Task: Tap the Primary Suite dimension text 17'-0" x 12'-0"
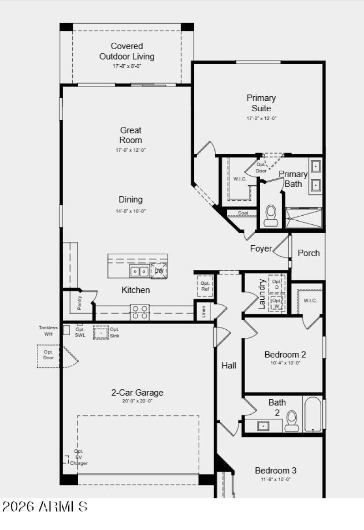(x=261, y=118)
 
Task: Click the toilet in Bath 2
(x=292, y=421)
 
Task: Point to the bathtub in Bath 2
(x=313, y=414)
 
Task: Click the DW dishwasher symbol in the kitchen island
(x=159, y=271)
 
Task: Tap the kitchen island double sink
(x=139, y=271)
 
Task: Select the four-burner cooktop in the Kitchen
(x=139, y=312)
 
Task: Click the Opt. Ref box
(x=205, y=286)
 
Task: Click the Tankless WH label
(x=48, y=331)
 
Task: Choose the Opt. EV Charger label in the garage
(x=78, y=457)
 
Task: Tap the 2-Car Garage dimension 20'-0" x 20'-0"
(x=137, y=401)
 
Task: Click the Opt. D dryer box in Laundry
(x=276, y=284)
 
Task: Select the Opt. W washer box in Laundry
(x=276, y=303)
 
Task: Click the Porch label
(x=308, y=253)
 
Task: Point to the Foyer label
(x=261, y=248)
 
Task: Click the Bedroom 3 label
(x=276, y=471)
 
